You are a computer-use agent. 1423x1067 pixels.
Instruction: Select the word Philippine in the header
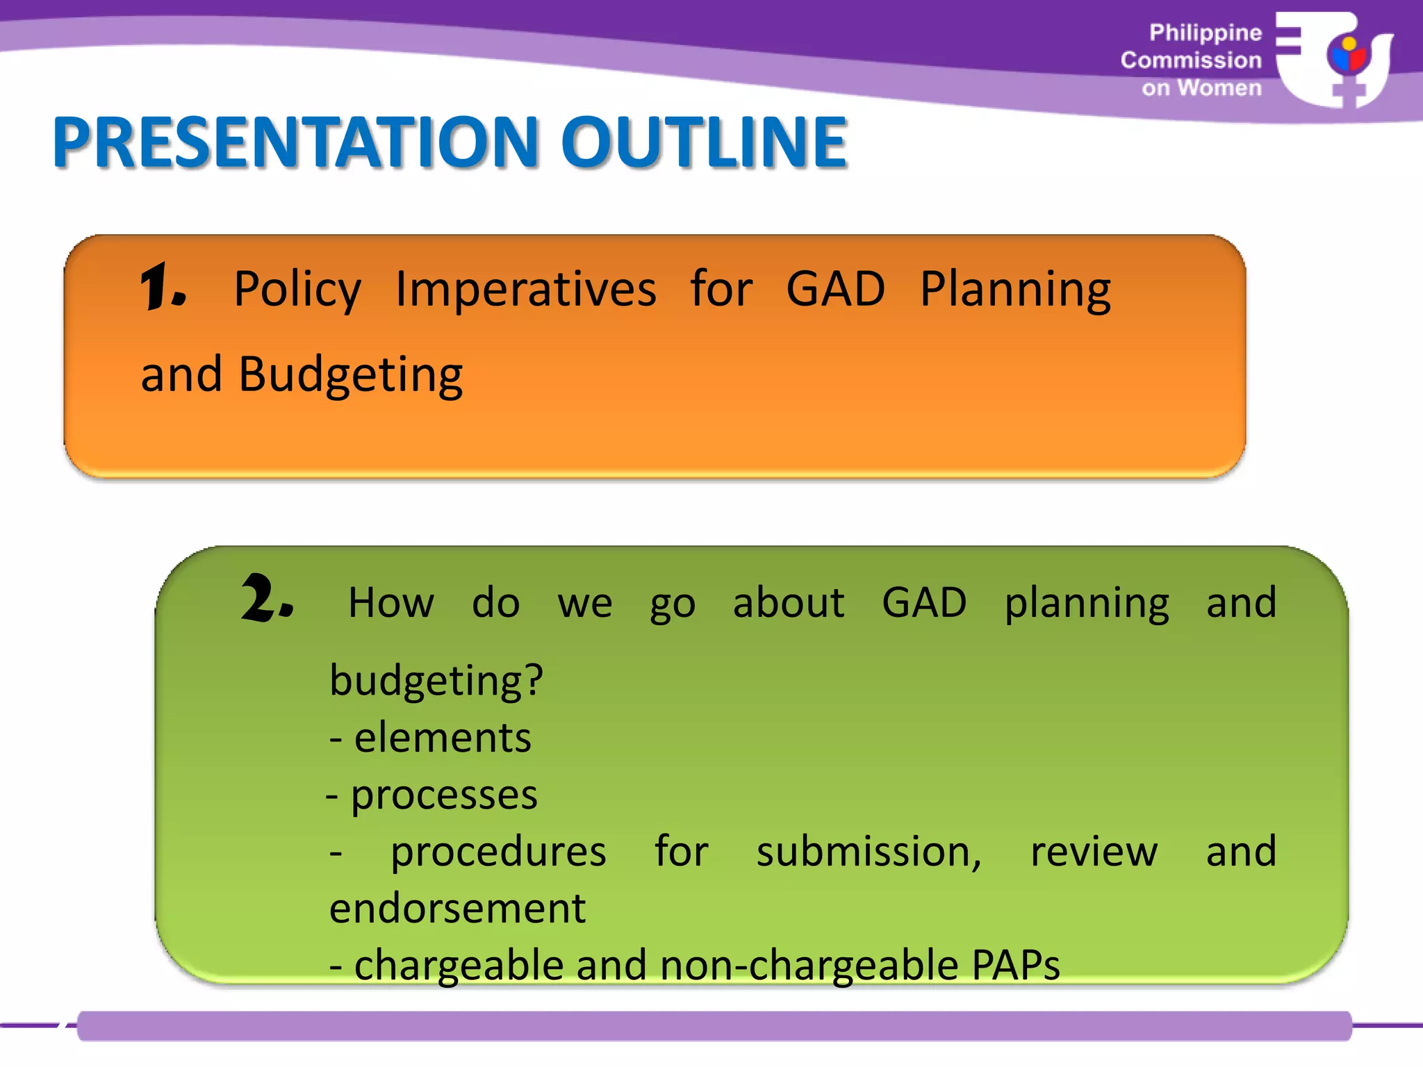click(1205, 33)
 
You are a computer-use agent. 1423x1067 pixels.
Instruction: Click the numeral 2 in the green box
click(265, 599)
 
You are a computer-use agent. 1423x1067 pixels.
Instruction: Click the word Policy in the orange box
click(297, 290)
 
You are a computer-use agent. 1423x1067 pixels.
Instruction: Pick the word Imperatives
click(525, 290)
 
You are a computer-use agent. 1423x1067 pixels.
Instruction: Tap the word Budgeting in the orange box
click(350, 375)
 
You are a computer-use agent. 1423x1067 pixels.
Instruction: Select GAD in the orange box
click(835, 290)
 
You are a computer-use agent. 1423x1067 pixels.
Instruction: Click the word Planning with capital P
click(1015, 290)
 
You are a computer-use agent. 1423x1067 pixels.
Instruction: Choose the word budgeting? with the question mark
click(436, 681)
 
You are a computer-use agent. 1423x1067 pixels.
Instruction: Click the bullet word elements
click(443, 738)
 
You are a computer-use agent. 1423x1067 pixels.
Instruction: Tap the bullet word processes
click(444, 795)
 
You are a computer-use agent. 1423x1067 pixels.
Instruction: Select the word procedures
click(498, 852)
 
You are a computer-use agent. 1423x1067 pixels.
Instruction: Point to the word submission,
click(869, 852)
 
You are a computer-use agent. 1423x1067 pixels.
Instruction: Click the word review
click(1094, 852)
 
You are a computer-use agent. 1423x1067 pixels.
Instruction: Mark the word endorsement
click(457, 909)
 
